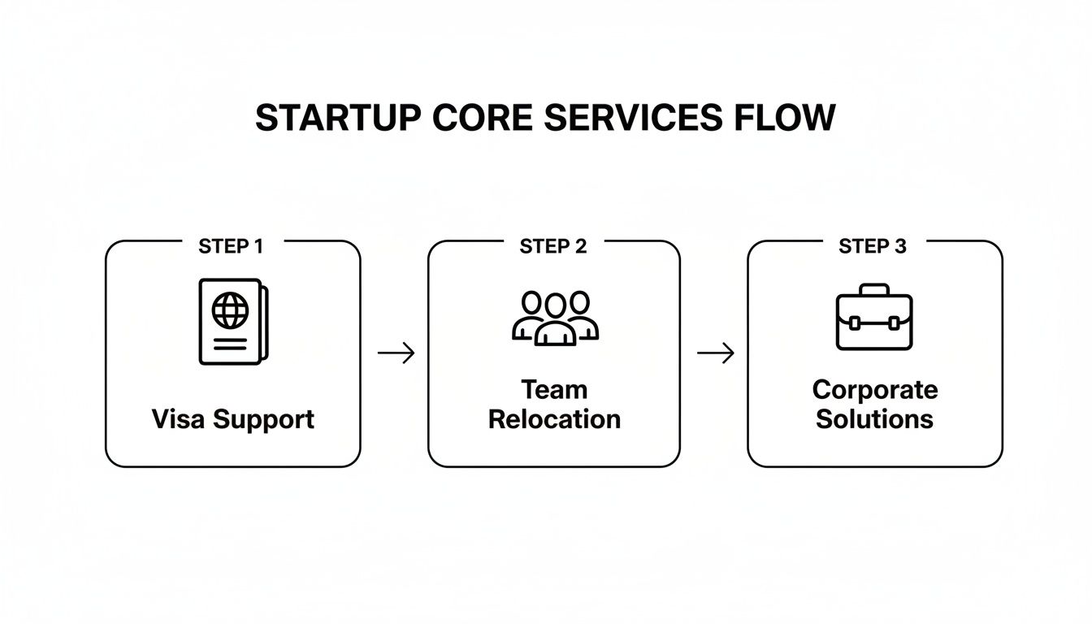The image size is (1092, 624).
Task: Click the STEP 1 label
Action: click(231, 247)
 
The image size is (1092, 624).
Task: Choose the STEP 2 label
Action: click(553, 247)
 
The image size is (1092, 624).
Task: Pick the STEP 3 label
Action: click(873, 247)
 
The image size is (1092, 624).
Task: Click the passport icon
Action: click(232, 322)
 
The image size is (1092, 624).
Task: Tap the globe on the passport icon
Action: click(228, 310)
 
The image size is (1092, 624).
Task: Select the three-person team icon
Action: click(555, 318)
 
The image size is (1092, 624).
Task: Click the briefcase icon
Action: click(874, 318)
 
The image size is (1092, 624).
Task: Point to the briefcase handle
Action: click(874, 290)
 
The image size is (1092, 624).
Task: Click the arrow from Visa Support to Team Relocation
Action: click(396, 353)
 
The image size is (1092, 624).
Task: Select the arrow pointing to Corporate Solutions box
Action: click(716, 353)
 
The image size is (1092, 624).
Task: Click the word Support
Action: click(263, 421)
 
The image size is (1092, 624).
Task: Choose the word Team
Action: click(554, 390)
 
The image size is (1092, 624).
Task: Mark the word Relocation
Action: click(554, 419)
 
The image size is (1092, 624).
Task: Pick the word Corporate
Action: click(875, 391)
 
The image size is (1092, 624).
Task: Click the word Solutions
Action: click(875, 419)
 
